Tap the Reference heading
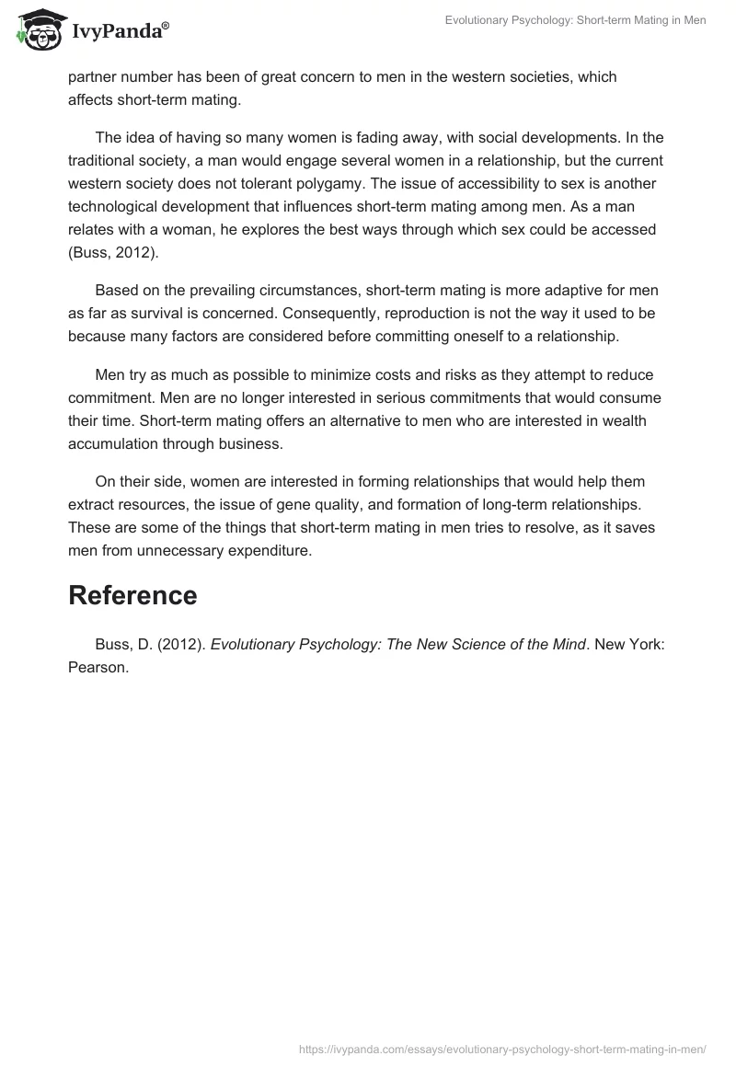click(132, 595)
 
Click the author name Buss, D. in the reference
click(123, 644)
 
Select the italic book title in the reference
click(398, 644)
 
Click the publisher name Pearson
click(98, 668)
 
